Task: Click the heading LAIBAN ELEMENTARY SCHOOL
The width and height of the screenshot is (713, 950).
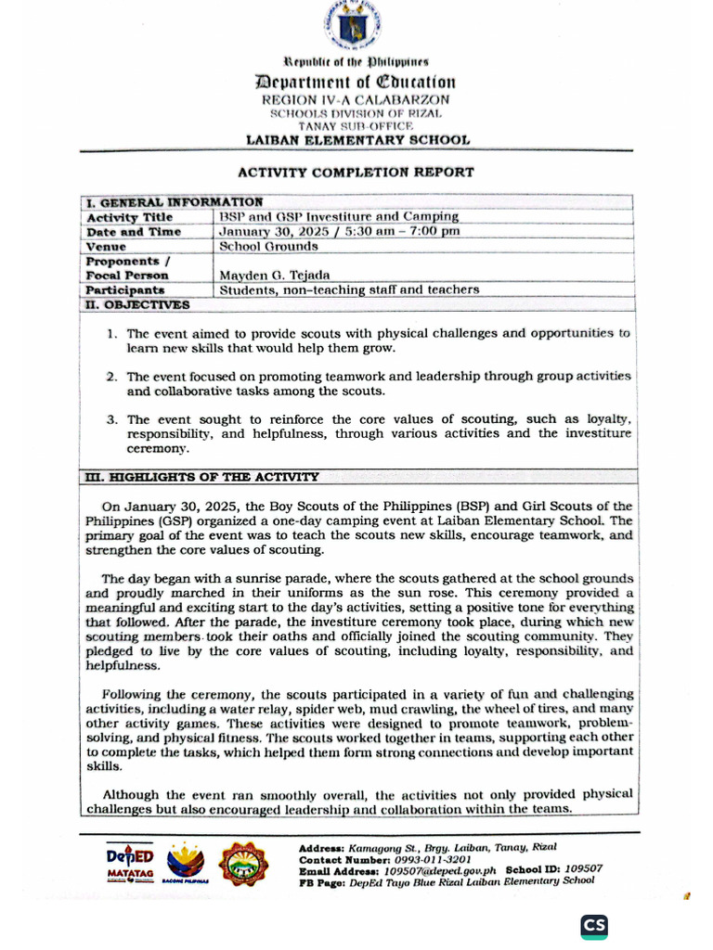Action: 357,140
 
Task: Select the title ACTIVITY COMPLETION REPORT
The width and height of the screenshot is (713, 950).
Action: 356,172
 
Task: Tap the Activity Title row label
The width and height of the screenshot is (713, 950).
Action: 123,217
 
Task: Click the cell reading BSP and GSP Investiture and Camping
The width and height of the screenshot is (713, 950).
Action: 339,217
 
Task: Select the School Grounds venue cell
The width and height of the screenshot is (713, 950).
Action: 268,247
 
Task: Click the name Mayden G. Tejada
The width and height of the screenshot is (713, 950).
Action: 276,276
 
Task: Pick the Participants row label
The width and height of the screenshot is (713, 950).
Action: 125,290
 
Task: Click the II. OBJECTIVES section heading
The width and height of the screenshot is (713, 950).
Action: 137,304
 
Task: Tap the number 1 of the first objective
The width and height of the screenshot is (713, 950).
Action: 110,333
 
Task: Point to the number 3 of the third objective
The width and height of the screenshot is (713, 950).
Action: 110,419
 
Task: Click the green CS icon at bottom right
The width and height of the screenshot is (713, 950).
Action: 594,926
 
